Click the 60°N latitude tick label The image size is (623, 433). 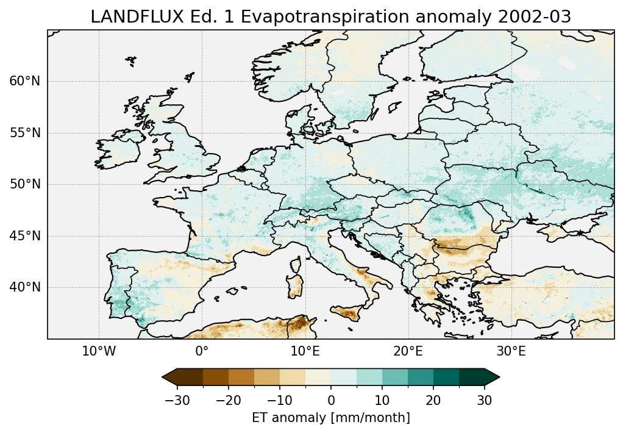pos(25,81)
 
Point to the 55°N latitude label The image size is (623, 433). pos(25,133)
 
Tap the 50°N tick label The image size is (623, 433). pos(25,184)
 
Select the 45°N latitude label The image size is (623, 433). pos(25,236)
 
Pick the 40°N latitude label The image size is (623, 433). pos(25,287)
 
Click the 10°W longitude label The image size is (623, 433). pos(99,352)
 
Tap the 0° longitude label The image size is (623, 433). pos(202,352)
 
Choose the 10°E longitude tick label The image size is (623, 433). pos(305,352)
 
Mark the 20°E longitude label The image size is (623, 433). pos(408,352)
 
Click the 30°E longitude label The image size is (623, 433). pos(511,352)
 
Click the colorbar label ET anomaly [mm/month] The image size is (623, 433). pos(331,418)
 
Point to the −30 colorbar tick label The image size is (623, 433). pos(176,400)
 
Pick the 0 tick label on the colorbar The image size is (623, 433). pos(331,400)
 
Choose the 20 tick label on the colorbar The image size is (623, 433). pos(433,400)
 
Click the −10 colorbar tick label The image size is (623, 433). pos(279,400)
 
